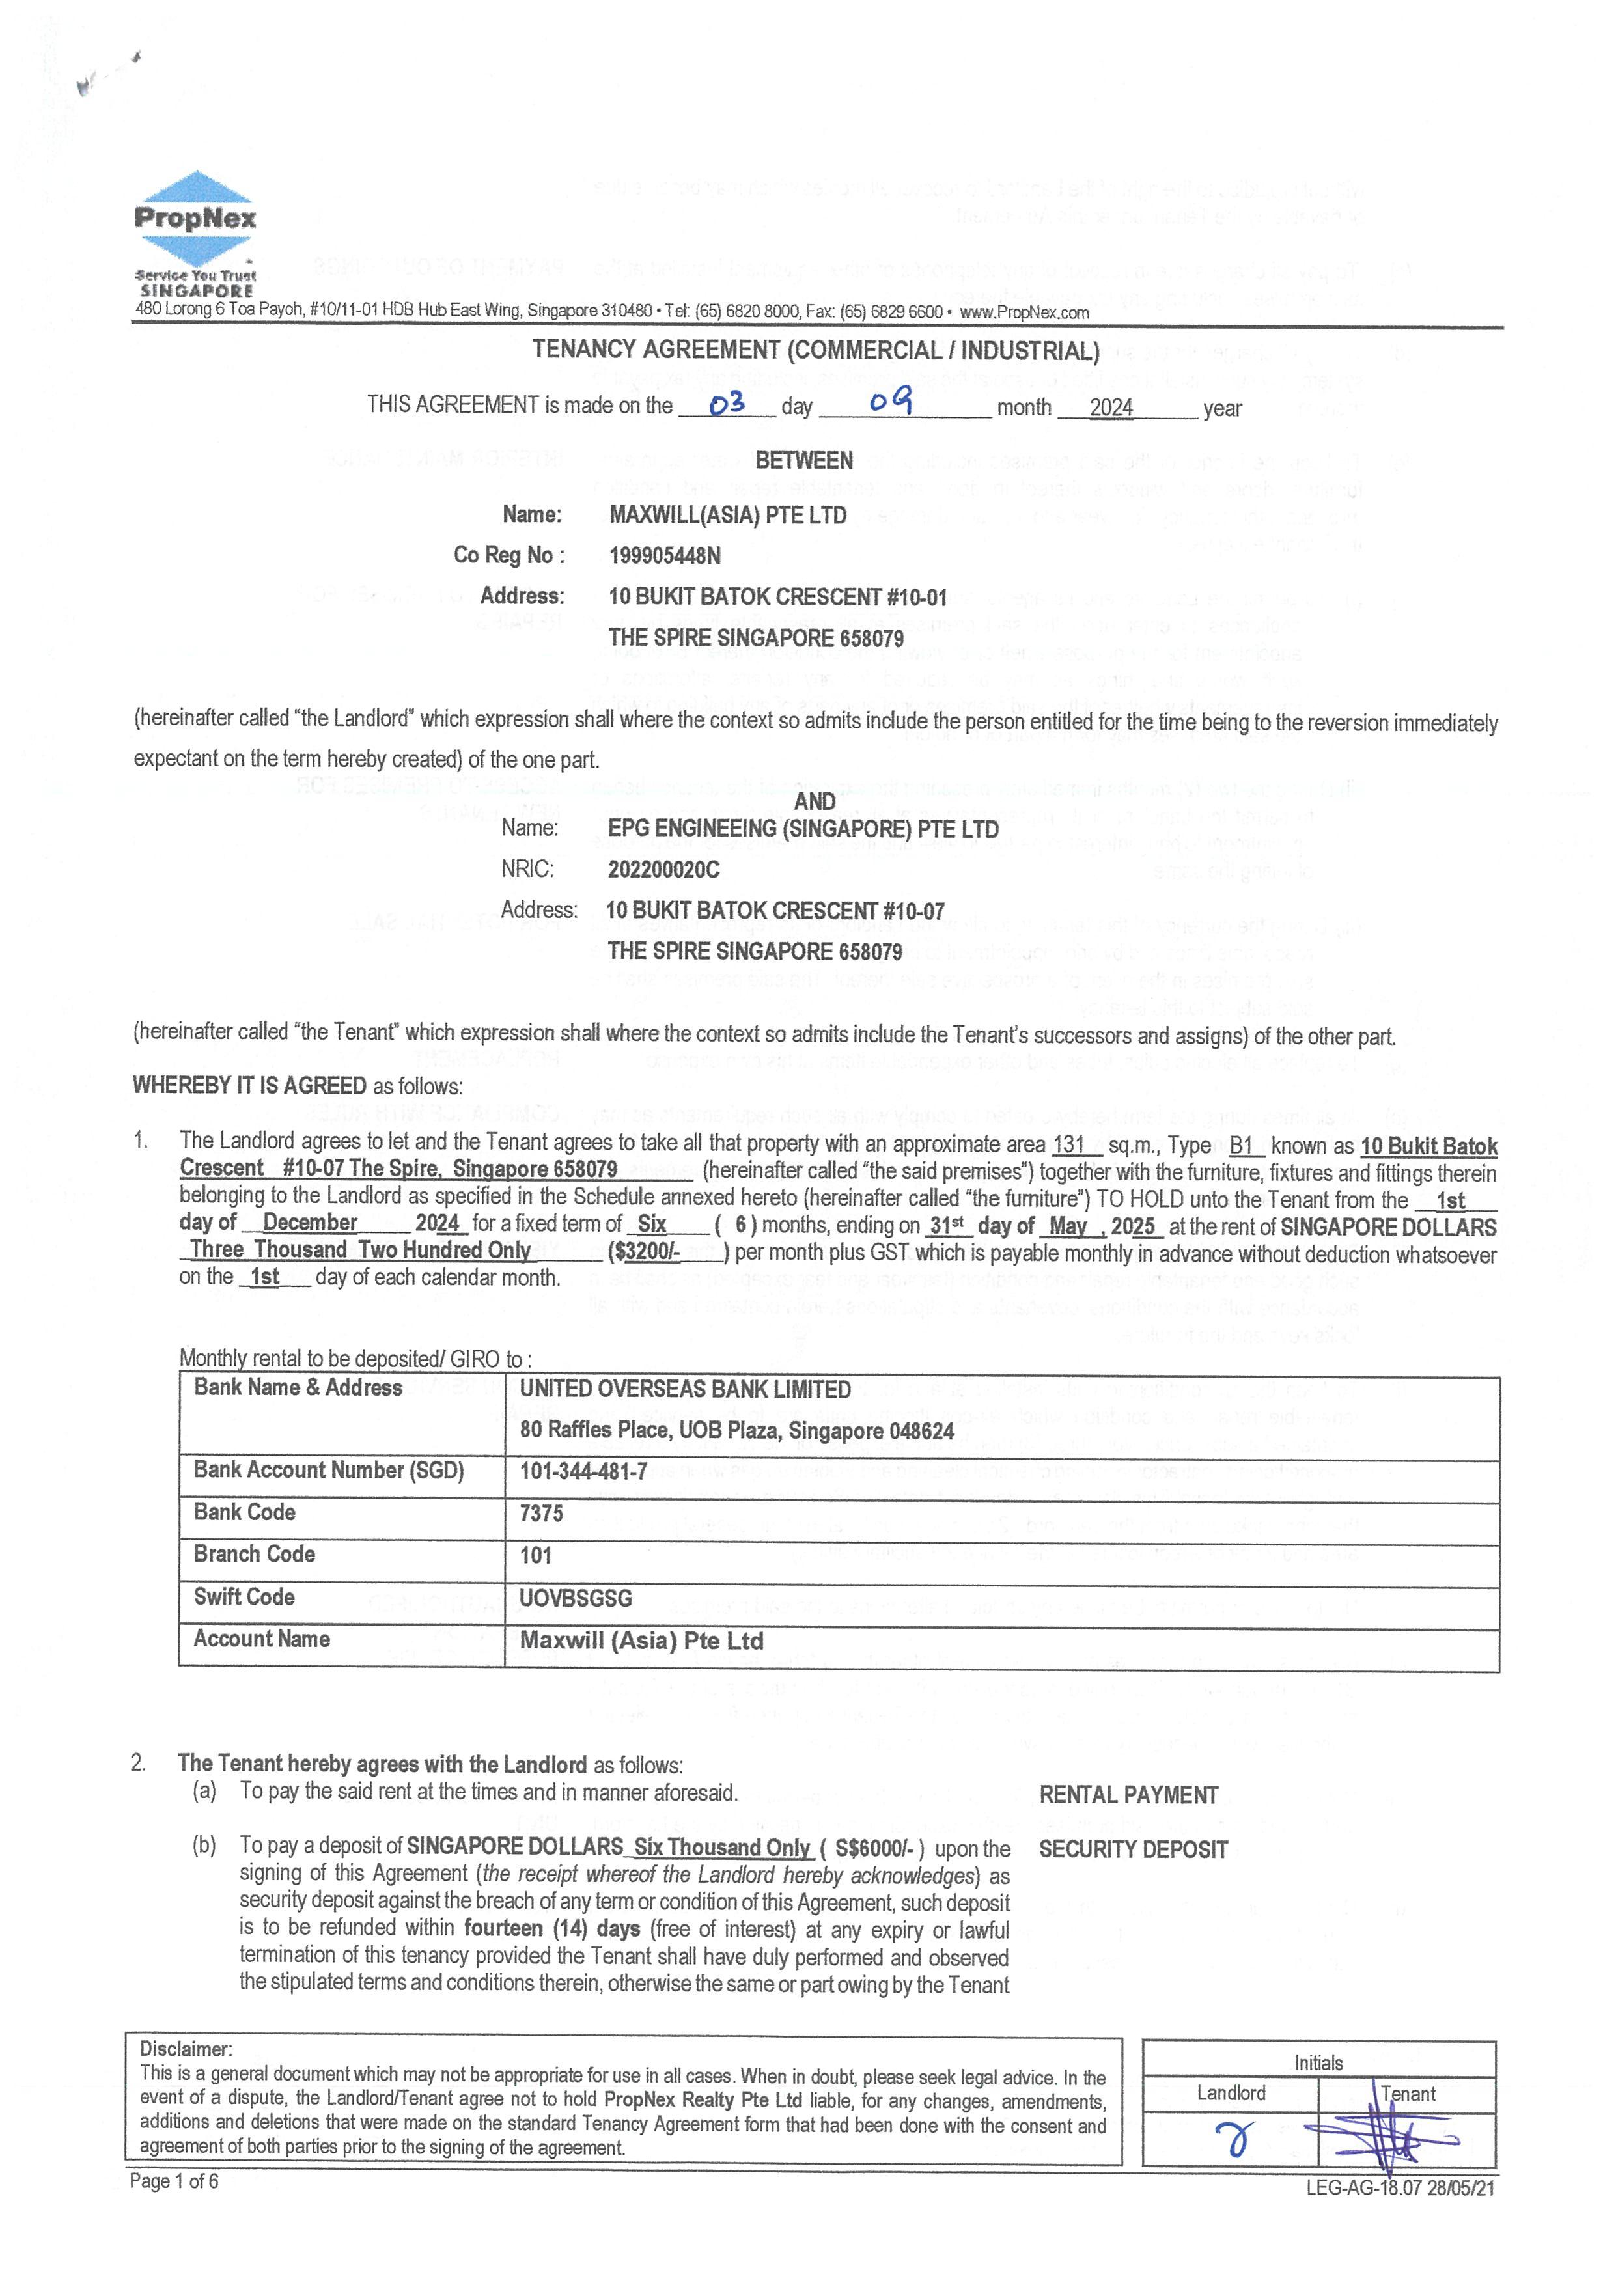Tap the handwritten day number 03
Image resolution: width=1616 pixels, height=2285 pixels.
tap(727, 403)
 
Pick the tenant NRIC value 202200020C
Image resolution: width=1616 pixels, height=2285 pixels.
tap(663, 869)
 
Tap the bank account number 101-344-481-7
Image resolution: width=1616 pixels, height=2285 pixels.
tap(583, 1471)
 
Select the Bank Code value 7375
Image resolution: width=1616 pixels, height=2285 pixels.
tap(541, 1513)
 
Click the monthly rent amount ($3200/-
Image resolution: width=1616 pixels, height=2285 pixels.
tap(645, 1251)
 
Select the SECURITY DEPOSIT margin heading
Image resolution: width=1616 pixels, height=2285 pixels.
tap(1134, 1849)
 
